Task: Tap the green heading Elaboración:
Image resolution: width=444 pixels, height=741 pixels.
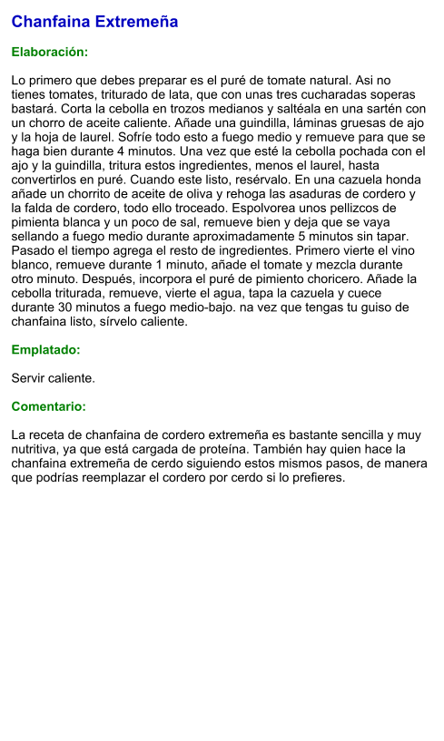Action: coord(49,53)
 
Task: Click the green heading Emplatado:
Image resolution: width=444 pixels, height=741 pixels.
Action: coord(45,349)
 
